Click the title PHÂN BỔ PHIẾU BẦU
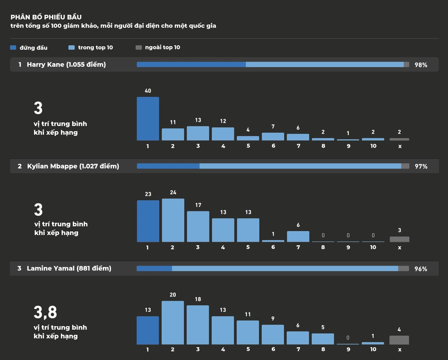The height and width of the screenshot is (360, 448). tap(46, 17)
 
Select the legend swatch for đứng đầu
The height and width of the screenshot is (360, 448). tap(13, 47)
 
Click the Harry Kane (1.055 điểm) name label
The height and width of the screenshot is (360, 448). tap(66, 65)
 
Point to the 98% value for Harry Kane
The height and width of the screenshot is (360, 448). tap(421, 65)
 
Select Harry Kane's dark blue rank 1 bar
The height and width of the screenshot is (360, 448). tap(148, 119)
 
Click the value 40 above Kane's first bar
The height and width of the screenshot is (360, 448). tap(148, 91)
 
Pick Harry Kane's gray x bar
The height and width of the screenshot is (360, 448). tap(399, 139)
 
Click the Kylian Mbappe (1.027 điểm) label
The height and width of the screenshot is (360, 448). tap(73, 166)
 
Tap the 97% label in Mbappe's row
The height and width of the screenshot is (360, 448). tap(421, 167)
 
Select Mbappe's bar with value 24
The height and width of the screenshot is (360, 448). tap(173, 220)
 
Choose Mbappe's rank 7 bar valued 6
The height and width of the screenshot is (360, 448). tap(298, 236)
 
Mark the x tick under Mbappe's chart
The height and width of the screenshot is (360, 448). tap(399, 247)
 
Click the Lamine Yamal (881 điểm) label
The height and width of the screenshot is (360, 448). tap(69, 268)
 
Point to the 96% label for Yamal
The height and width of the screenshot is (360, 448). tap(421, 269)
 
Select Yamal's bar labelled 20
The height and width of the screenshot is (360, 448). tap(173, 323)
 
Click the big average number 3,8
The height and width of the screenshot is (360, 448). tap(45, 312)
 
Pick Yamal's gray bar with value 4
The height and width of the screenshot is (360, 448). tap(399, 340)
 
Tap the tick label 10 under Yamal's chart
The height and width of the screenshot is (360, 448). tap(373, 349)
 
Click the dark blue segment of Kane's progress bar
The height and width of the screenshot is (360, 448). tap(191, 65)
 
